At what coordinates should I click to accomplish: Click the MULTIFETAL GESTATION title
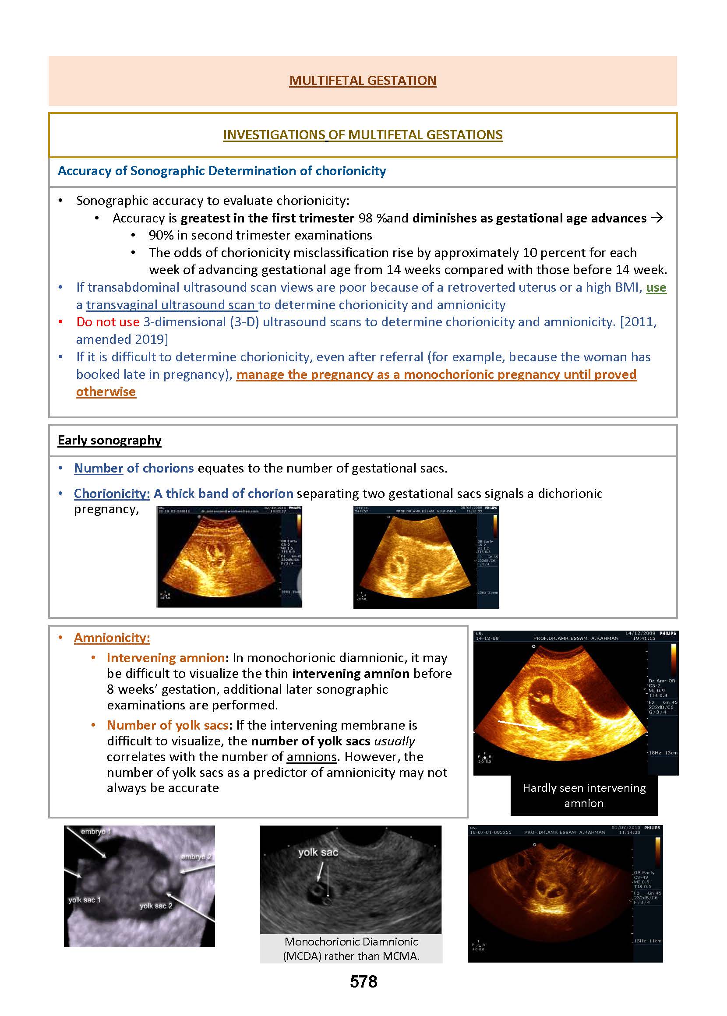363,81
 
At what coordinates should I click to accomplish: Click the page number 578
363,981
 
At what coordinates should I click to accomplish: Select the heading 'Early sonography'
109,441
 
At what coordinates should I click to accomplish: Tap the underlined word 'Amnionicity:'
112,638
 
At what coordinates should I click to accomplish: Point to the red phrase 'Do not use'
108,322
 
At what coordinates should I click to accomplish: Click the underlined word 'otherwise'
106,392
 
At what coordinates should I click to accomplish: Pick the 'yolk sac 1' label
85,900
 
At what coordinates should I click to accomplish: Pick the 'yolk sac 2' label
156,906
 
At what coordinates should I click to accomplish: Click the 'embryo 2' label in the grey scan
196,857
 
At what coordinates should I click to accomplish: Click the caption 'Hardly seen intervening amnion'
584,795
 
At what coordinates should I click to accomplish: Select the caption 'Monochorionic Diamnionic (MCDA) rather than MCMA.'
351,949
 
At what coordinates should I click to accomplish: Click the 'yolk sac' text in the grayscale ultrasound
318,853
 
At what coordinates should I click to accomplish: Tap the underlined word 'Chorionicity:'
112,494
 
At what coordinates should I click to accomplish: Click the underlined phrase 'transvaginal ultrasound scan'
171,305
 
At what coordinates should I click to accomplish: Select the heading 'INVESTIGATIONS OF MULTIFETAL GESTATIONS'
363,135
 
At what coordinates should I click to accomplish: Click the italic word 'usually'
395,741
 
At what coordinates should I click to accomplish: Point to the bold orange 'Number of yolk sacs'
167,725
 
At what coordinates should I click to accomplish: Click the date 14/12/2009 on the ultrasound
640,633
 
